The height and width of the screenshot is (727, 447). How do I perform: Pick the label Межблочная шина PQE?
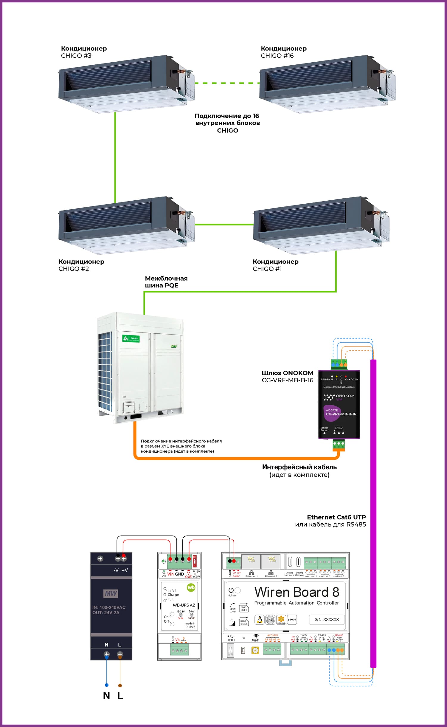click(166, 282)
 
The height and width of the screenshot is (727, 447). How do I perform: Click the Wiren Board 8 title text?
click(297, 592)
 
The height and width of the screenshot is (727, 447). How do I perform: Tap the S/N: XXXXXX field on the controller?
click(327, 619)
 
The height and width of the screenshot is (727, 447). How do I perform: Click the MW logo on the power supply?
click(111, 593)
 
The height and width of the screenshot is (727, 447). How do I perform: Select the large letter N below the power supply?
click(106, 696)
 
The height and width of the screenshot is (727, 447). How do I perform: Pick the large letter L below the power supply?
click(120, 696)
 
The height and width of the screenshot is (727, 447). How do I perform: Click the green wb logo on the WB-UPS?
click(191, 587)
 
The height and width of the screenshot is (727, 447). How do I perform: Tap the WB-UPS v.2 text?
click(184, 605)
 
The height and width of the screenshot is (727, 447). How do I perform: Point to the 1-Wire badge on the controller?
click(292, 620)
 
